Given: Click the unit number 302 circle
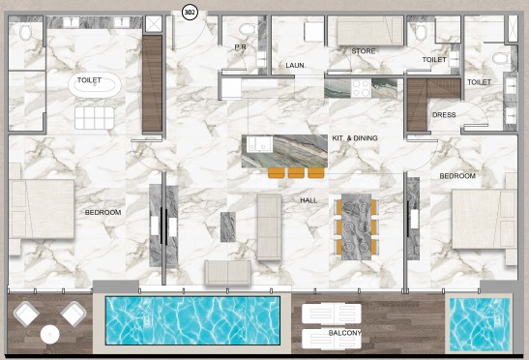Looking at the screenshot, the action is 190,13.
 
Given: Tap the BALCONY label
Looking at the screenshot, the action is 344,333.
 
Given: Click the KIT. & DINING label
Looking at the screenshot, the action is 355,138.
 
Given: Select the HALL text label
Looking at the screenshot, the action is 309,200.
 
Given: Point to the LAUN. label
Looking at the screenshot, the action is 296,66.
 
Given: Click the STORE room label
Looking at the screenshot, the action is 363,51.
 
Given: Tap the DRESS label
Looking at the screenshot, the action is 444,115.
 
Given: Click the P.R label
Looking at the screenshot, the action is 240,47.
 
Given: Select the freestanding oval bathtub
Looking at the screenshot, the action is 95,85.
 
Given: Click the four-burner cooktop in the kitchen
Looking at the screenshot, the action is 361,88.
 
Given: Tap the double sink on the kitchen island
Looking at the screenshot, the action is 259,144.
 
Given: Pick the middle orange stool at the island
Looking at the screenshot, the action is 296,173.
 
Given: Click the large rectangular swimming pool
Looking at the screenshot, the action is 192,320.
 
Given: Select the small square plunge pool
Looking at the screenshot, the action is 480,324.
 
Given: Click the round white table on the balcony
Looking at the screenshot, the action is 50,335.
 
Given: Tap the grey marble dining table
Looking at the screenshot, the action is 356,226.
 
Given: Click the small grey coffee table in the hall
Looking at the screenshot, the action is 228,227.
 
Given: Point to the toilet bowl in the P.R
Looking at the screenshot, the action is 248,29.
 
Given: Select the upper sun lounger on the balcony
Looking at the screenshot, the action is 332,314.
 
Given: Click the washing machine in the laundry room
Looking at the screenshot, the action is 313,32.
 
